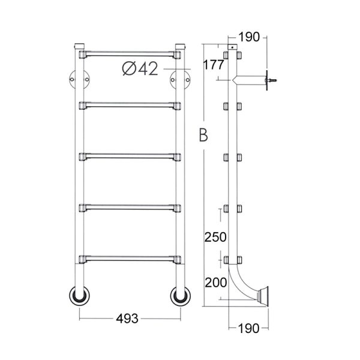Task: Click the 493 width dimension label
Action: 127,319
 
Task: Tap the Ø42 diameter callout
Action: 140,68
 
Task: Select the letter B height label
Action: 203,134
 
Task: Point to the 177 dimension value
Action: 214,65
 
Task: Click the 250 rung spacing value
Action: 215,237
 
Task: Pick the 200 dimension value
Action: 215,283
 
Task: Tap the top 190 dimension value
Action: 249,37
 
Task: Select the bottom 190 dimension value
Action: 249,329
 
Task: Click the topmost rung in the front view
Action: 130,55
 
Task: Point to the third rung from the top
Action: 130,157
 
